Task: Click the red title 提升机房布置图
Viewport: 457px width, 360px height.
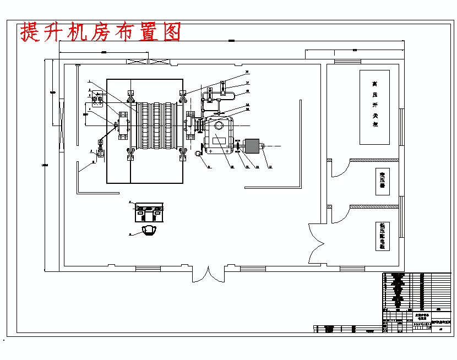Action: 101,32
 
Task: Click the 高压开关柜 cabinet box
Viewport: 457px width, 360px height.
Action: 374,107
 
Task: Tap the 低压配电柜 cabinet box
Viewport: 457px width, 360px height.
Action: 382,235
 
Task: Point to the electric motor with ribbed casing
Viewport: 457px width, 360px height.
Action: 252,147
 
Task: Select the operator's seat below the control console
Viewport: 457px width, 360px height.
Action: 148,230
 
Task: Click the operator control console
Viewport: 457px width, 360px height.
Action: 149,212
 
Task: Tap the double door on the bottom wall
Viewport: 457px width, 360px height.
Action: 208,274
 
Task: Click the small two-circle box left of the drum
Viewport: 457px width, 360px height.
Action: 98,100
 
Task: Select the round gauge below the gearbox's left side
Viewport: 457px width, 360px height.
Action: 198,154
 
